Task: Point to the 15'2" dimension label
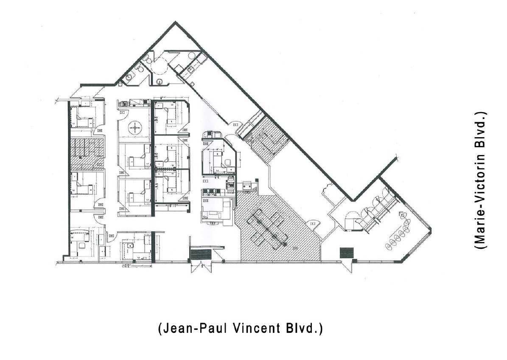(x=126, y=266)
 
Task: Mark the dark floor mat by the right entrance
(x=347, y=253)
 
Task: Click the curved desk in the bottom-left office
(x=79, y=233)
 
